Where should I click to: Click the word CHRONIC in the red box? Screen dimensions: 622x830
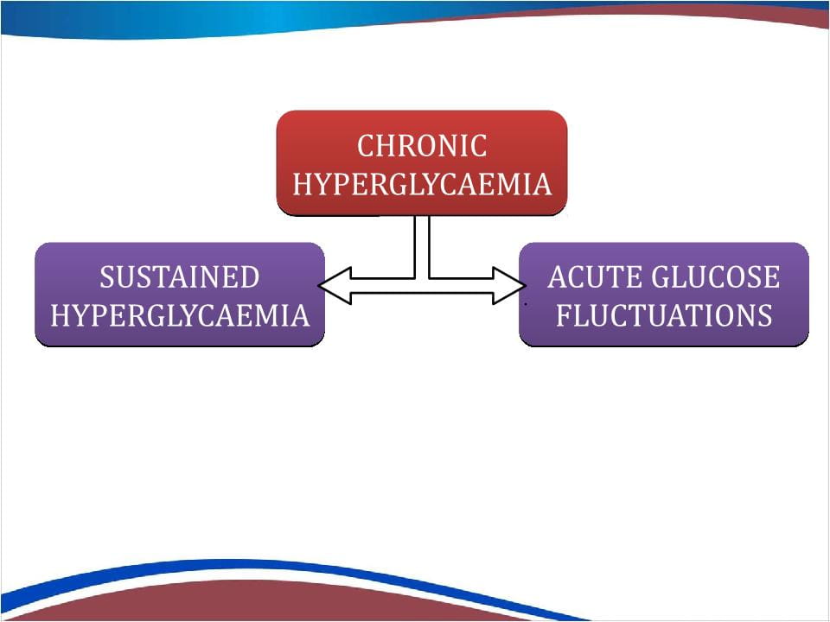point(422,146)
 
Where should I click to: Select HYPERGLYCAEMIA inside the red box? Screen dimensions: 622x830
point(422,184)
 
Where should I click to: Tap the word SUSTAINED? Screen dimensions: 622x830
point(180,277)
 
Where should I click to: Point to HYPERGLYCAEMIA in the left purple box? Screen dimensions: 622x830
point(180,315)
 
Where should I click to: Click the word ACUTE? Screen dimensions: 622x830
point(587,277)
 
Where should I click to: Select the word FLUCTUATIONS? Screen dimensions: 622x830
point(664,315)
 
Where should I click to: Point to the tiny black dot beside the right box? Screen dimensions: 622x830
point(526,305)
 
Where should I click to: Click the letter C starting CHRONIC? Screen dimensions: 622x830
point(366,146)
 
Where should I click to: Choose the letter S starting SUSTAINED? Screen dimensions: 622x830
point(107,277)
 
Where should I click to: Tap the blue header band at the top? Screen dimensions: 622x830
point(259,17)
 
